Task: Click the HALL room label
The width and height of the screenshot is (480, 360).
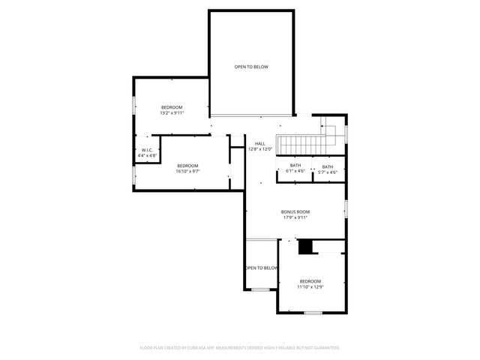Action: pos(259,144)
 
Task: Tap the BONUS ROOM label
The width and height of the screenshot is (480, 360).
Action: pos(295,211)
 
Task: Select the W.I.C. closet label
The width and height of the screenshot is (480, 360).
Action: pos(147,150)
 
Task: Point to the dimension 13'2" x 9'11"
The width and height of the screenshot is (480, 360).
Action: pos(172,113)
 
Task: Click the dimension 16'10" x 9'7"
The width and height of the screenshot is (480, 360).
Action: pos(187,171)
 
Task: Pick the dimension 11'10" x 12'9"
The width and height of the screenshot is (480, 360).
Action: pos(310,286)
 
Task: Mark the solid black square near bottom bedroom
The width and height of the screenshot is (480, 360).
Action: pos(304,247)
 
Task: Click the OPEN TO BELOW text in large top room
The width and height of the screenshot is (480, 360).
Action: pos(250,67)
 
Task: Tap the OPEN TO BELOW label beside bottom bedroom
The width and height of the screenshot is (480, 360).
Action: pos(261,268)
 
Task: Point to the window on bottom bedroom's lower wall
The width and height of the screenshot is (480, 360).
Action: pos(313,312)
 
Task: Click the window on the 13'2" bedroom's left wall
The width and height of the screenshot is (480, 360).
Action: pos(133,105)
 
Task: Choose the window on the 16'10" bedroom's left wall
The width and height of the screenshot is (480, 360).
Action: pos(133,174)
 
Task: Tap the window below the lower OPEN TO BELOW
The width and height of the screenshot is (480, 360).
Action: pos(260,289)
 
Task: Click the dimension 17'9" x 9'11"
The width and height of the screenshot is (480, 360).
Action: pos(295,217)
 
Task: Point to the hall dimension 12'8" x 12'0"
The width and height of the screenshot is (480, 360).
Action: pos(259,149)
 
